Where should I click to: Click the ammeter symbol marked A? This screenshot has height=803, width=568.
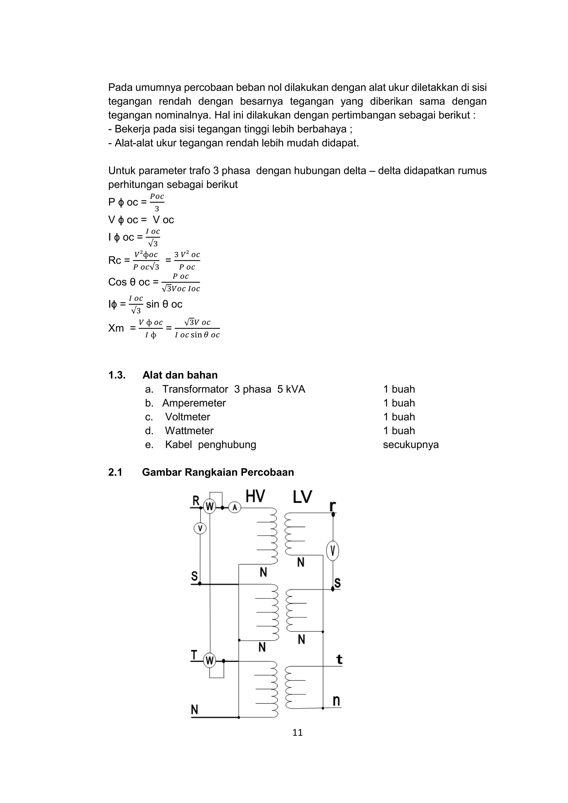pyautogui.click(x=235, y=507)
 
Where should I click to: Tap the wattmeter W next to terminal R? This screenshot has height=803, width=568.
pyautogui.click(x=209, y=506)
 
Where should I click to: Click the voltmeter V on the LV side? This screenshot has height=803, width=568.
pyautogui.click(x=333, y=552)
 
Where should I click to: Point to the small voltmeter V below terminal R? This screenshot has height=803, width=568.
pyautogui.click(x=200, y=528)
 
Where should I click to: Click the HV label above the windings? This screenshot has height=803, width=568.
pyautogui.click(x=255, y=497)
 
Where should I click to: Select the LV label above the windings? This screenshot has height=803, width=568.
pyautogui.click(x=302, y=497)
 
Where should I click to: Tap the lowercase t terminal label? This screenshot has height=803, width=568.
pyautogui.click(x=339, y=660)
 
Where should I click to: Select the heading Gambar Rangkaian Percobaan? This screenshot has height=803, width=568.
pyautogui.click(x=218, y=472)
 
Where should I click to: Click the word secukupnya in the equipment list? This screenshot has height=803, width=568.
pyautogui.click(x=411, y=445)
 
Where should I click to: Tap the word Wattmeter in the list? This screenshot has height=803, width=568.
pyautogui.click(x=189, y=431)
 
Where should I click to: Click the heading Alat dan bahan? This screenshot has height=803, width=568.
pyautogui.click(x=180, y=375)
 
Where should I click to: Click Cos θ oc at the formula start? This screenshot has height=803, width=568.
pyautogui.click(x=129, y=282)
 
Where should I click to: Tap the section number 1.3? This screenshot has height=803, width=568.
pyautogui.click(x=116, y=375)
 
